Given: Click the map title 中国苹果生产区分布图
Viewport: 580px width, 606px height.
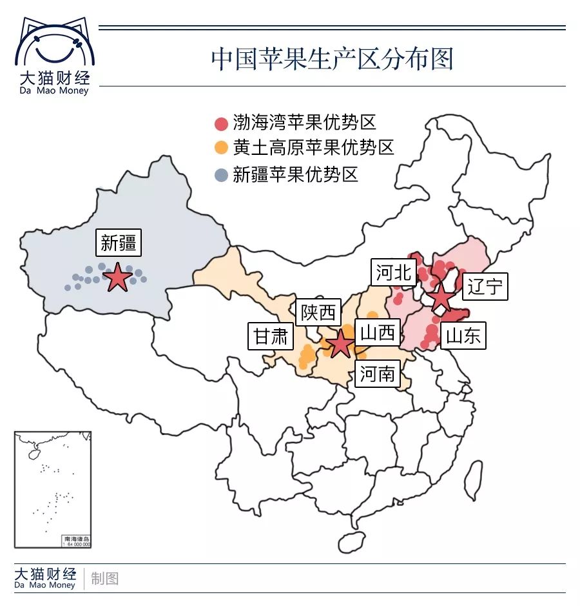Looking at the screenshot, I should point(332,59).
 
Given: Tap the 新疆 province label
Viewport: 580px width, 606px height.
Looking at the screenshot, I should point(118,243).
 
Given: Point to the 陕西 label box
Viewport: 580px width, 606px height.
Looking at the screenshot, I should point(318,313).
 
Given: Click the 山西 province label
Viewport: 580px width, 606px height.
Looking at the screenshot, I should point(377,332).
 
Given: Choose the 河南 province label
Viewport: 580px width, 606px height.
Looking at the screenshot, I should point(377,373).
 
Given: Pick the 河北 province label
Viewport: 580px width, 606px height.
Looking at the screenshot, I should point(393,272).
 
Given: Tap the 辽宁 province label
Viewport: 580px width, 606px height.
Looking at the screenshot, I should point(487,286).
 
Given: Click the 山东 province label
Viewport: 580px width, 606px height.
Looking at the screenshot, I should point(463,336).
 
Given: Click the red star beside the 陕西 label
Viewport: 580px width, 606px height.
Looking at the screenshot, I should point(340,344).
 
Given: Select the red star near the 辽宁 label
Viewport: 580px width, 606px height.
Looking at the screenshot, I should point(441,298).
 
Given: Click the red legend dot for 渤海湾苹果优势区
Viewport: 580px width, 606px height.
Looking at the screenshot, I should point(221,124).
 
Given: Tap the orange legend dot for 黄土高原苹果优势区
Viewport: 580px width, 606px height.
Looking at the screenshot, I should point(221,148).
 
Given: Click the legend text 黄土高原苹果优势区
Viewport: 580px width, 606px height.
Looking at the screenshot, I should point(313,148).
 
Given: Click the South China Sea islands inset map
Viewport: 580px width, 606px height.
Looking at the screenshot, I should point(53,490).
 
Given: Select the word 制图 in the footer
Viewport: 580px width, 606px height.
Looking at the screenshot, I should point(105,578).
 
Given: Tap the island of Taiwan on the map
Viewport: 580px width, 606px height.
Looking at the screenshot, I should point(474,481).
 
